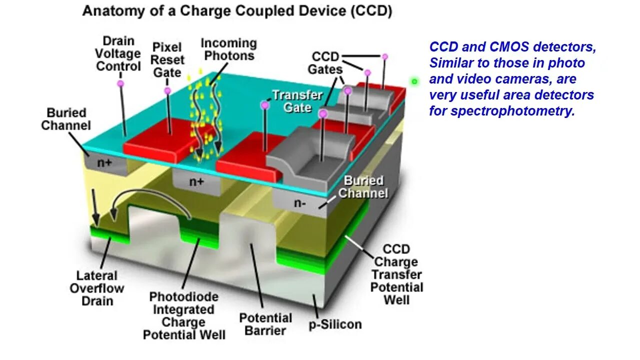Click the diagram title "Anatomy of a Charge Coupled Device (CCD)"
pyautogui.click(x=236, y=11)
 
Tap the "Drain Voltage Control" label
pyautogui.click(x=118, y=53)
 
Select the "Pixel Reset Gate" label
pyautogui.click(x=168, y=59)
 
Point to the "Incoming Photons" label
pyautogui.click(x=228, y=49)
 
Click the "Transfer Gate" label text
pyautogui.click(x=298, y=101)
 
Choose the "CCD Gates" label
pyautogui.click(x=325, y=63)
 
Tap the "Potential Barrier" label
pyautogui.click(x=265, y=324)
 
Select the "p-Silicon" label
pyautogui.click(x=334, y=324)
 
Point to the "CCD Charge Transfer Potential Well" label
pyautogui.click(x=396, y=274)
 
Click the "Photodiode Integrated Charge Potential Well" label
pyautogui.click(x=184, y=315)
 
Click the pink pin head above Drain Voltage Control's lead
pyautogui.click(x=120, y=83)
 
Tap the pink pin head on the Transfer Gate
pyautogui.click(x=265, y=105)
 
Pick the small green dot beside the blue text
pyautogui.click(x=414, y=81)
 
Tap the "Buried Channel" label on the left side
pyautogui.click(x=65, y=119)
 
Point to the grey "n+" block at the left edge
pyautogui.click(x=104, y=163)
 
